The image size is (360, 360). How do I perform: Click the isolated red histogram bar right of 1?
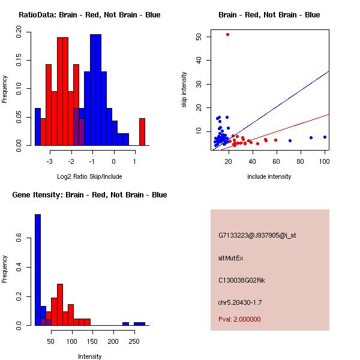point(142,131)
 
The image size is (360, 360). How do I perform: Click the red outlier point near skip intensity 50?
point(227,35)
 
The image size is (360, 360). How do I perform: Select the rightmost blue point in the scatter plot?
point(325,137)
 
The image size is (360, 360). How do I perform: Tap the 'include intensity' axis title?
point(269,176)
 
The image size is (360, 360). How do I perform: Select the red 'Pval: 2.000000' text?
point(239,319)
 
